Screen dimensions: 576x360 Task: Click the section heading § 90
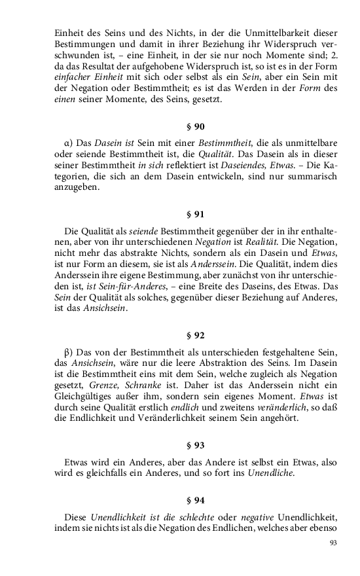[196, 126]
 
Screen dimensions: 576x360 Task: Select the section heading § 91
[196, 213]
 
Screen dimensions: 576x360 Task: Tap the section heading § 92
[196, 335]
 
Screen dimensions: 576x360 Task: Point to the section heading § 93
[196, 445]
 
